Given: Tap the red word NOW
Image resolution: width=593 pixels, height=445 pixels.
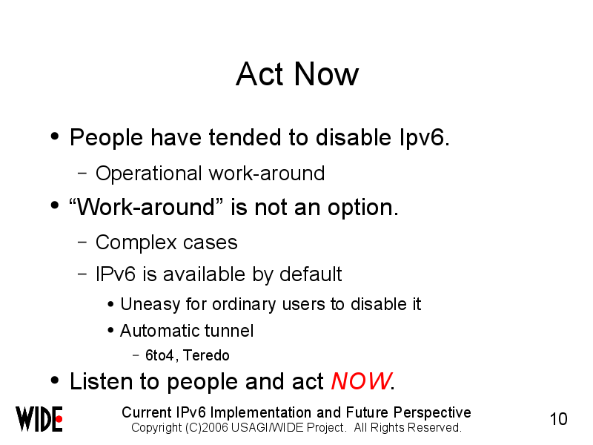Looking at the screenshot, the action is tap(361, 380).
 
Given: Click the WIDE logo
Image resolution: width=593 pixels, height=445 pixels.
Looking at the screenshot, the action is tap(39, 419).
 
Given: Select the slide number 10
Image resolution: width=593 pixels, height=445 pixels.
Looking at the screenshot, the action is tap(558, 419).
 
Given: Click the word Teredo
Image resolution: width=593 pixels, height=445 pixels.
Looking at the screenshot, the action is tap(206, 355).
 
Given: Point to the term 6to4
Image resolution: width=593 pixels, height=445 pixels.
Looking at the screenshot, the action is tap(159, 355).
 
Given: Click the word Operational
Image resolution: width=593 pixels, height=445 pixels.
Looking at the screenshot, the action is tap(149, 174).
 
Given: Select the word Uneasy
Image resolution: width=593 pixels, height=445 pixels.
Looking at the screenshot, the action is tap(150, 305).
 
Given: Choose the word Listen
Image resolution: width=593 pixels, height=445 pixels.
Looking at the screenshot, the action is tap(101, 381).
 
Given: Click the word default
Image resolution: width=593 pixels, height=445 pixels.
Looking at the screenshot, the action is tap(311, 274).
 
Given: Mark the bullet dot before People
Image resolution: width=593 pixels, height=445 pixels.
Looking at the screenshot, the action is tap(55, 136).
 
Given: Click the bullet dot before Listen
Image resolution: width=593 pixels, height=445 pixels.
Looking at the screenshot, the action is tap(55, 380).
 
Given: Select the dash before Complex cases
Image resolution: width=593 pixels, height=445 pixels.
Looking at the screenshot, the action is tap(82, 243).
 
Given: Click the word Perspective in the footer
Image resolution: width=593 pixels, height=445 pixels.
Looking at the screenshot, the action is tap(432, 412).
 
